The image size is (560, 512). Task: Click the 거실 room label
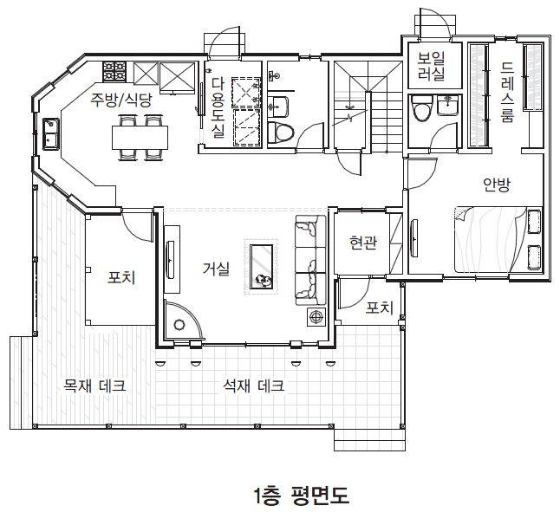pos(216,269)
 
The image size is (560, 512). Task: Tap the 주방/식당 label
pos(120,100)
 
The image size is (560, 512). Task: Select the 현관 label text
pos(363,243)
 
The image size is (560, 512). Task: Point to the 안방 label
pos(496,185)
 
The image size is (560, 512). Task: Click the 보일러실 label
pos(432,66)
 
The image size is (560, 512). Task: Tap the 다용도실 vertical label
pos(218,107)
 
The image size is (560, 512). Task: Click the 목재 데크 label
pos(94,386)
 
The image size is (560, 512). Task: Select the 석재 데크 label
pos(254,386)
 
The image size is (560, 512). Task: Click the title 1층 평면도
pos(301,495)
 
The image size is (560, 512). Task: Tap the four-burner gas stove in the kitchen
pos(114,71)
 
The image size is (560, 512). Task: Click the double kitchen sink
pos(51,134)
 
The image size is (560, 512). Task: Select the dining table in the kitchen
pos(140,138)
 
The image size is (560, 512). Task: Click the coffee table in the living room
pos(262,267)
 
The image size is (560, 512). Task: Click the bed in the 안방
pos(498,240)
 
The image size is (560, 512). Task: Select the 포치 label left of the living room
pos(121,277)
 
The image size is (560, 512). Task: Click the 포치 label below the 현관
pos(380,308)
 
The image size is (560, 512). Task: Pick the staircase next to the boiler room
pos(368,107)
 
